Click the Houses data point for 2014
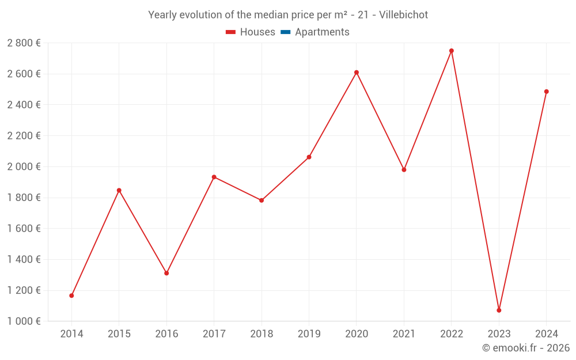pyautogui.click(x=71, y=295)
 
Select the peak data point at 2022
pyautogui.click(x=452, y=51)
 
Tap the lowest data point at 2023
pyautogui.click(x=499, y=310)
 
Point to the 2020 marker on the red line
pyautogui.click(x=357, y=73)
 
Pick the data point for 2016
pyautogui.click(x=166, y=273)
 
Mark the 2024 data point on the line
pyautogui.click(x=547, y=92)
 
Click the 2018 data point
pyautogui.click(x=262, y=200)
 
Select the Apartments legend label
pyautogui.click(x=322, y=32)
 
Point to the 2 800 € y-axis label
pyautogui.click(x=24, y=43)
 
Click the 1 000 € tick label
pyautogui.click(x=24, y=321)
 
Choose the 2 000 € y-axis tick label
pyautogui.click(x=24, y=166)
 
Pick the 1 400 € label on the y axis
pyautogui.click(x=24, y=260)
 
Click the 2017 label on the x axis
pyautogui.click(x=214, y=334)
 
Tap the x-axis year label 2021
pyautogui.click(x=404, y=334)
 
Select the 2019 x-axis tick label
pyautogui.click(x=309, y=334)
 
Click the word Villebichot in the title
pyautogui.click(x=403, y=15)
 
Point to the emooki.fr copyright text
pyautogui.click(x=526, y=348)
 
